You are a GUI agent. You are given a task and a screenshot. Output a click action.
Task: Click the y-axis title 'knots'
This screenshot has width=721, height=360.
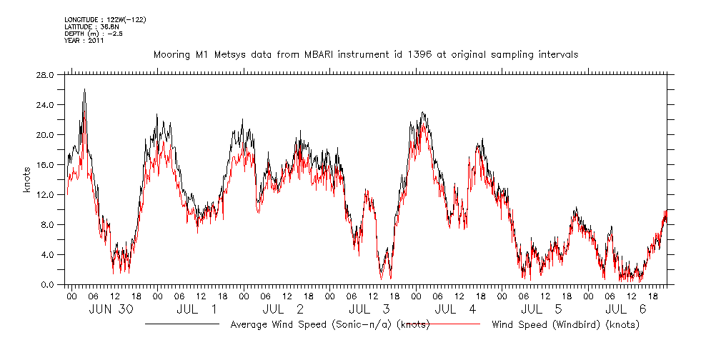[x=26, y=179]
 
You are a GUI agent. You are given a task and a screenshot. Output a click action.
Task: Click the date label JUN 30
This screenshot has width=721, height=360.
[x=111, y=309]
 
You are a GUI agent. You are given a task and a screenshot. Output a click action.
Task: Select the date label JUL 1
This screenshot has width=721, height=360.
[x=197, y=309]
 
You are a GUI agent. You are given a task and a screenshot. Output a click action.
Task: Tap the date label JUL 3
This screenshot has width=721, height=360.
[x=369, y=309]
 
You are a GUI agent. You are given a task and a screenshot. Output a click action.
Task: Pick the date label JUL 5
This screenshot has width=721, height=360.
[x=542, y=309]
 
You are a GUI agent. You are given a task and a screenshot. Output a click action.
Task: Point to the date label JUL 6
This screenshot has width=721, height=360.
[x=627, y=309]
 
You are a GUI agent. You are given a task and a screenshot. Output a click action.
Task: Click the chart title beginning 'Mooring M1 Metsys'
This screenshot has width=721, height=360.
[x=365, y=54]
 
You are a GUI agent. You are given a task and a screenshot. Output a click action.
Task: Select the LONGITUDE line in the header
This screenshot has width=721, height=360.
[x=105, y=19]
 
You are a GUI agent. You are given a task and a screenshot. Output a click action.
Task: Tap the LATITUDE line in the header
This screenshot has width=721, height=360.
[x=91, y=26]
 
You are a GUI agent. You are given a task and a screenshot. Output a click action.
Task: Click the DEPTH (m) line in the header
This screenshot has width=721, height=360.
[x=94, y=34]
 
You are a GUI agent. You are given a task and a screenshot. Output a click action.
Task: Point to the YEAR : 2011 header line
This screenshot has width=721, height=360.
[x=84, y=41]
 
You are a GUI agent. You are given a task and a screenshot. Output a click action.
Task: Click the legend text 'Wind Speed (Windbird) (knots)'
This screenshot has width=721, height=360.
[x=565, y=324]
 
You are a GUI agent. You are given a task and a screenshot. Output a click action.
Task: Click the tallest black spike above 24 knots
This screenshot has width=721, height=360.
[x=84, y=90]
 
